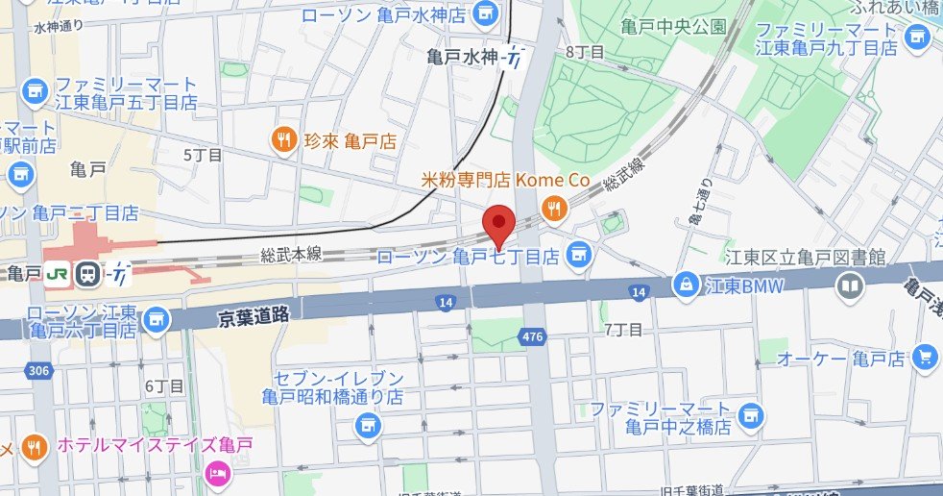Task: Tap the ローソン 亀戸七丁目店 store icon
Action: pos(577,255)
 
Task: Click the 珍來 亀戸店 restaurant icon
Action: pos(282,140)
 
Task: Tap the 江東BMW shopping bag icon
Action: pos(687,285)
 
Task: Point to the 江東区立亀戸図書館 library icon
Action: pos(850,285)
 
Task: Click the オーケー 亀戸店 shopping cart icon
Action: pos(925,358)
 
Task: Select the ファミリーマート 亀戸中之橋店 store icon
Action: pos(755,415)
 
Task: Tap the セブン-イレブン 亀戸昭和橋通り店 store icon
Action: pos(366,424)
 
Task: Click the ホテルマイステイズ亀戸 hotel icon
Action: pos(217,472)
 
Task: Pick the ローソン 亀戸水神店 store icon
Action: pos(486,14)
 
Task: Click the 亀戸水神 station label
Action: pos(464,58)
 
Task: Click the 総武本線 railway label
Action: pos(290,255)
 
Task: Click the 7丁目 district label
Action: pos(622,330)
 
